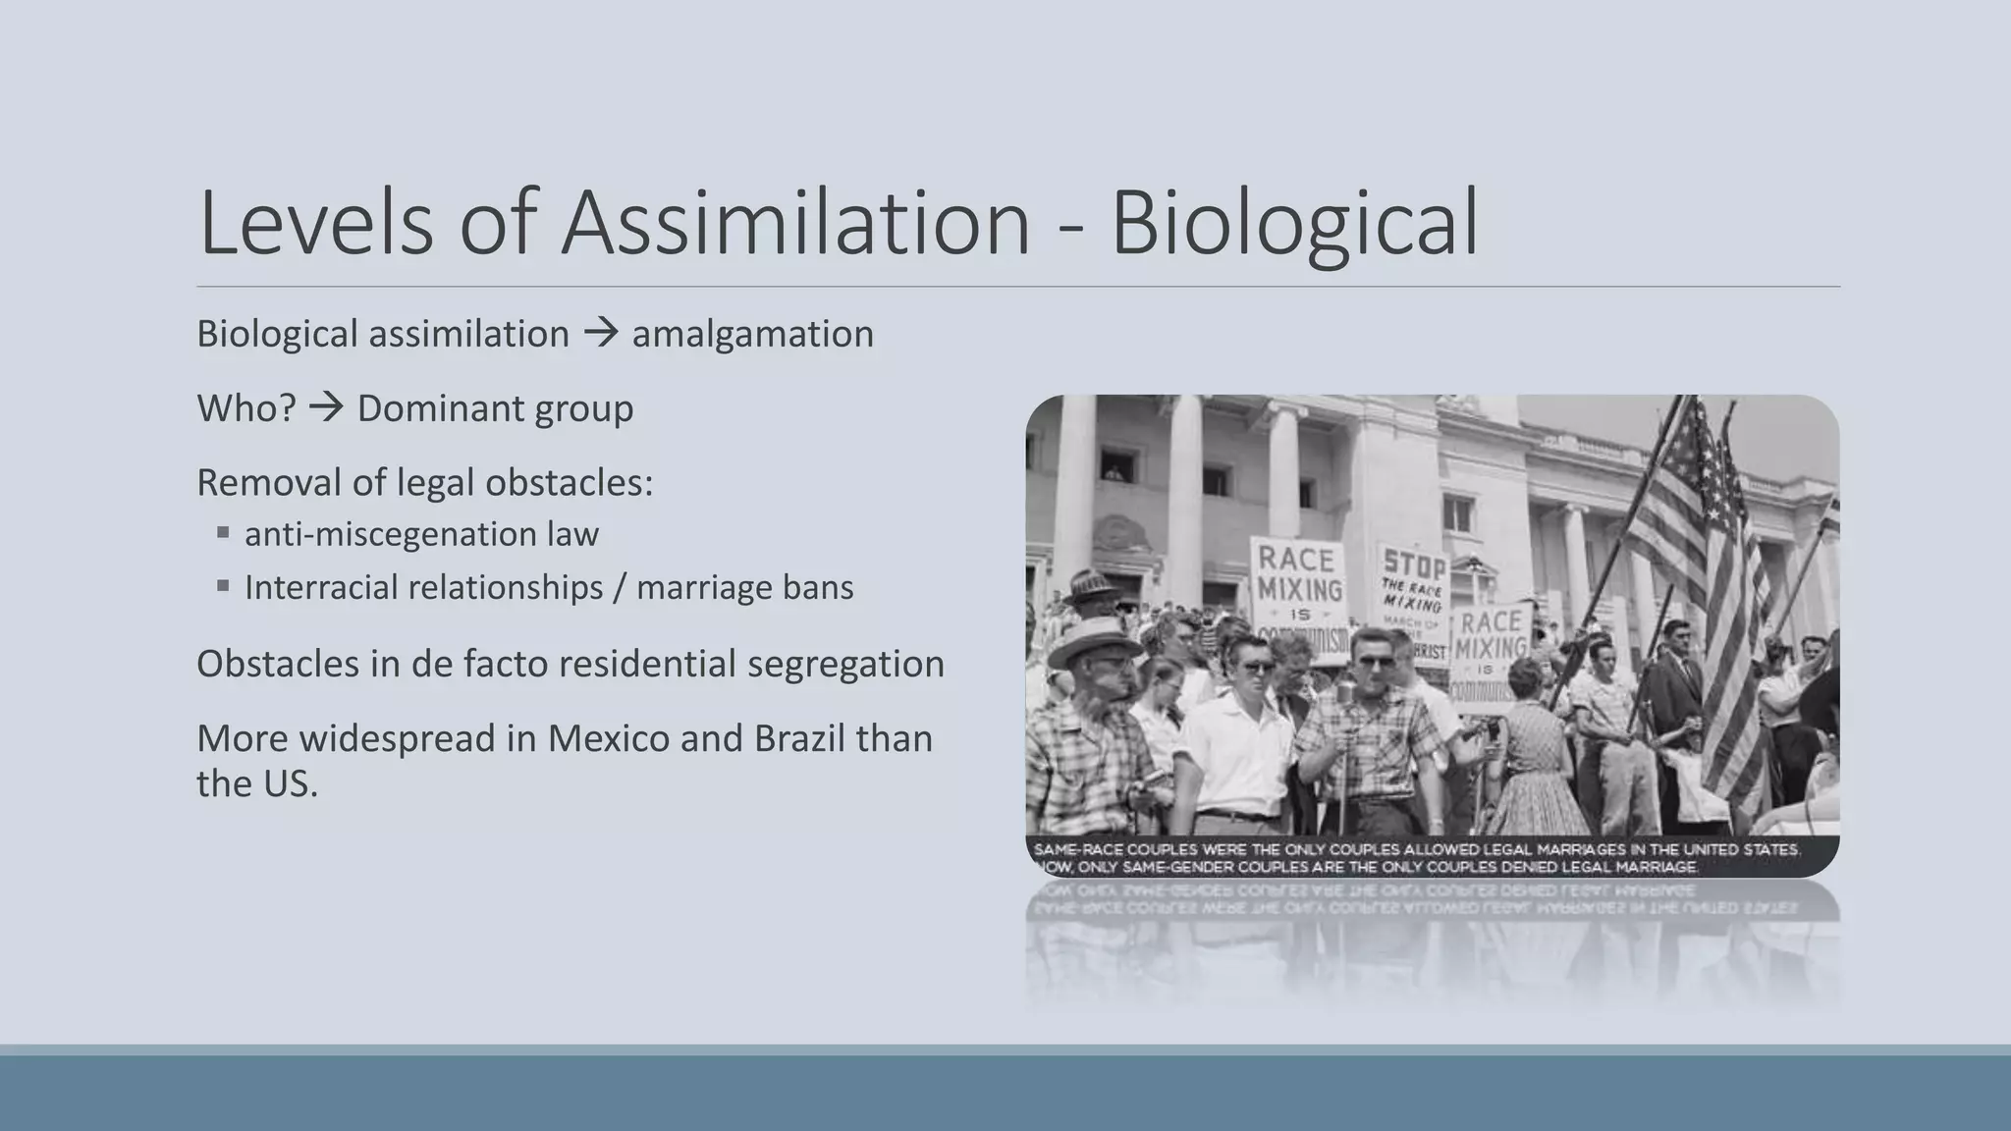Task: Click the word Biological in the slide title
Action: click(x=1293, y=225)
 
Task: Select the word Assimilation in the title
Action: click(x=795, y=223)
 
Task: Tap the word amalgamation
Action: click(x=752, y=334)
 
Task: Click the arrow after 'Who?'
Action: click(x=326, y=406)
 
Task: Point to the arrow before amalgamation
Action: click(x=600, y=333)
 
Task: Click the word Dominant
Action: click(x=429, y=408)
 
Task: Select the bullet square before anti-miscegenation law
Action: click(x=224, y=533)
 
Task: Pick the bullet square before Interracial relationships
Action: click(x=224, y=586)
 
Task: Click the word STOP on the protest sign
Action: click(x=1414, y=565)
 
